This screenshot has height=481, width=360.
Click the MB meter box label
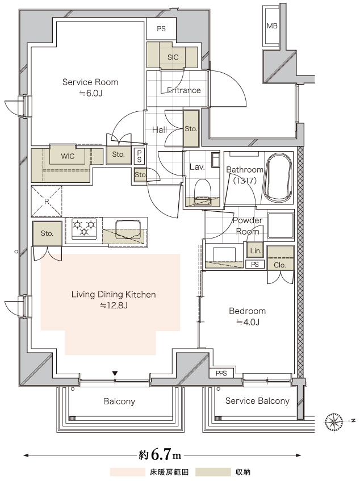[271, 26]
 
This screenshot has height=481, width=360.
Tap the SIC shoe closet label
[173, 57]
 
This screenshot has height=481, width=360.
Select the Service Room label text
[90, 82]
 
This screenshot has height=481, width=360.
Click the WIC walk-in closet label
[68, 156]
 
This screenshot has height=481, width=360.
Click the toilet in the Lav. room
[202, 191]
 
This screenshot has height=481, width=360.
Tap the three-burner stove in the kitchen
[84, 228]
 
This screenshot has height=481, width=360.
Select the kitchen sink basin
[128, 229]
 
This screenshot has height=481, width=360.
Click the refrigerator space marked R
[47, 201]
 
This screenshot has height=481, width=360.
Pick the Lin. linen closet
[256, 250]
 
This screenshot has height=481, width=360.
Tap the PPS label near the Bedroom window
[221, 373]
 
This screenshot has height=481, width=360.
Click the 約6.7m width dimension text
[160, 455]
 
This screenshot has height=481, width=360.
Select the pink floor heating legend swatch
[128, 472]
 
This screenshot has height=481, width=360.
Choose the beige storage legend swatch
[213, 472]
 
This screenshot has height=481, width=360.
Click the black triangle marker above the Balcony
[115, 373]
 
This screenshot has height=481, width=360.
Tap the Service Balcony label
[257, 401]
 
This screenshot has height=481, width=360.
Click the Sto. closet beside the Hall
[191, 129]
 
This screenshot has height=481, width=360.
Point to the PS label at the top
[161, 29]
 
